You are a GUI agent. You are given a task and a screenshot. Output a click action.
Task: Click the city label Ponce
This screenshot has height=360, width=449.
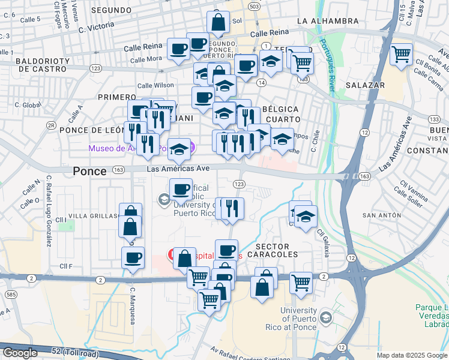click(89, 171)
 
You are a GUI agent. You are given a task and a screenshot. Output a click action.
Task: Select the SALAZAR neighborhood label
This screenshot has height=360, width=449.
click(366, 85)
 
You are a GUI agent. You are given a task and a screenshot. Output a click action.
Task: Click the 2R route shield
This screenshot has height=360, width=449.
click(52, 126)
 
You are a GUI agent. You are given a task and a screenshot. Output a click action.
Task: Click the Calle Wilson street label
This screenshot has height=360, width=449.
click(155, 86)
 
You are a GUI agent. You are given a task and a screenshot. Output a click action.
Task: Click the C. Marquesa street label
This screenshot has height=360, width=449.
click(133, 305)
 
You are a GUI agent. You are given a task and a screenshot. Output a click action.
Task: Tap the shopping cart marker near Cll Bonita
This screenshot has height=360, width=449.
click(401, 55)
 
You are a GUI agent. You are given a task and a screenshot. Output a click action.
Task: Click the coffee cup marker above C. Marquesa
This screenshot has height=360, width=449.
click(133, 257)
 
